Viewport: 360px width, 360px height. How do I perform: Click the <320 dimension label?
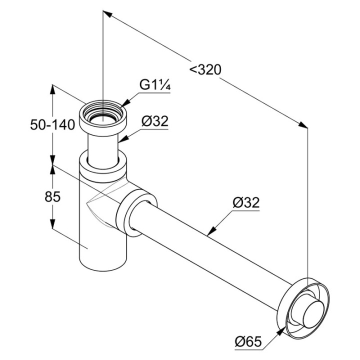[205, 69]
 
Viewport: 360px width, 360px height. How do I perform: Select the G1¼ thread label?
[155, 85]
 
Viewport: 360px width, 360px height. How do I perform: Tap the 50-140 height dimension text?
[52, 124]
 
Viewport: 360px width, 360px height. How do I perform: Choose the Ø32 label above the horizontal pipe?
[246, 202]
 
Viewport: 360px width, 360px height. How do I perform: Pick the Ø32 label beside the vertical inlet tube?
[154, 120]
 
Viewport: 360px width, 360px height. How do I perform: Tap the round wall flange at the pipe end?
[299, 303]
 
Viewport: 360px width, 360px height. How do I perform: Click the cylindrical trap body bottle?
[102, 245]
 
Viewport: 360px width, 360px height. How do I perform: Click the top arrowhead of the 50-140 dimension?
[52, 90]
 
